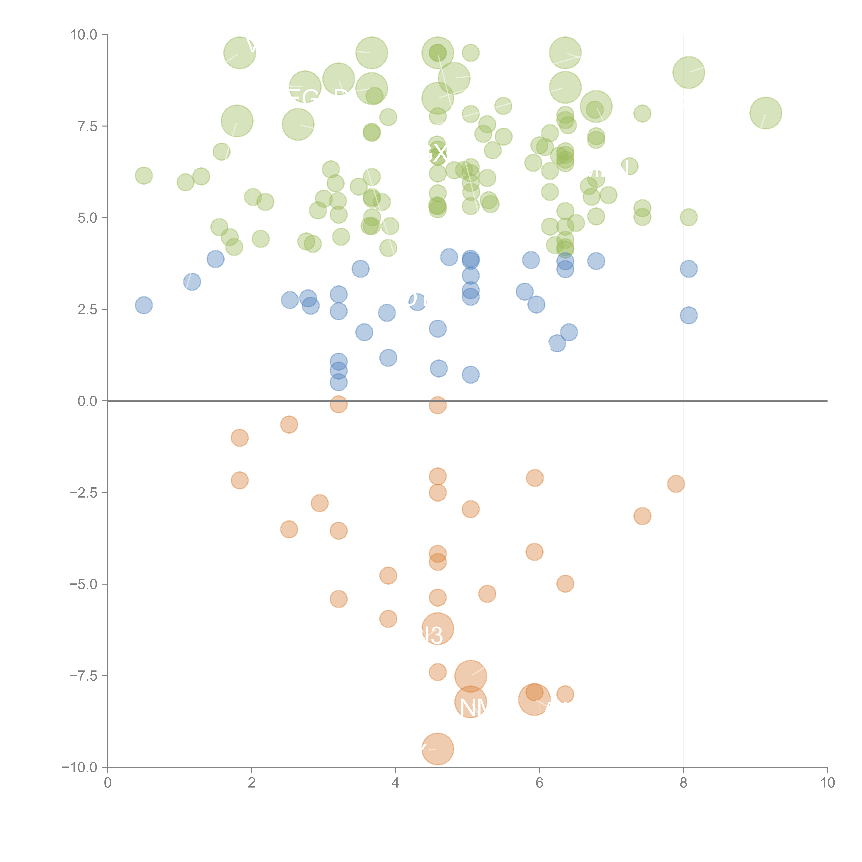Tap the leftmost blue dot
click(x=144, y=305)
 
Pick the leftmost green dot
click(x=144, y=175)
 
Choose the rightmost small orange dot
click(x=676, y=484)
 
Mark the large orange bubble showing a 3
click(x=438, y=629)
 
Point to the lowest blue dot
click(x=339, y=382)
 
